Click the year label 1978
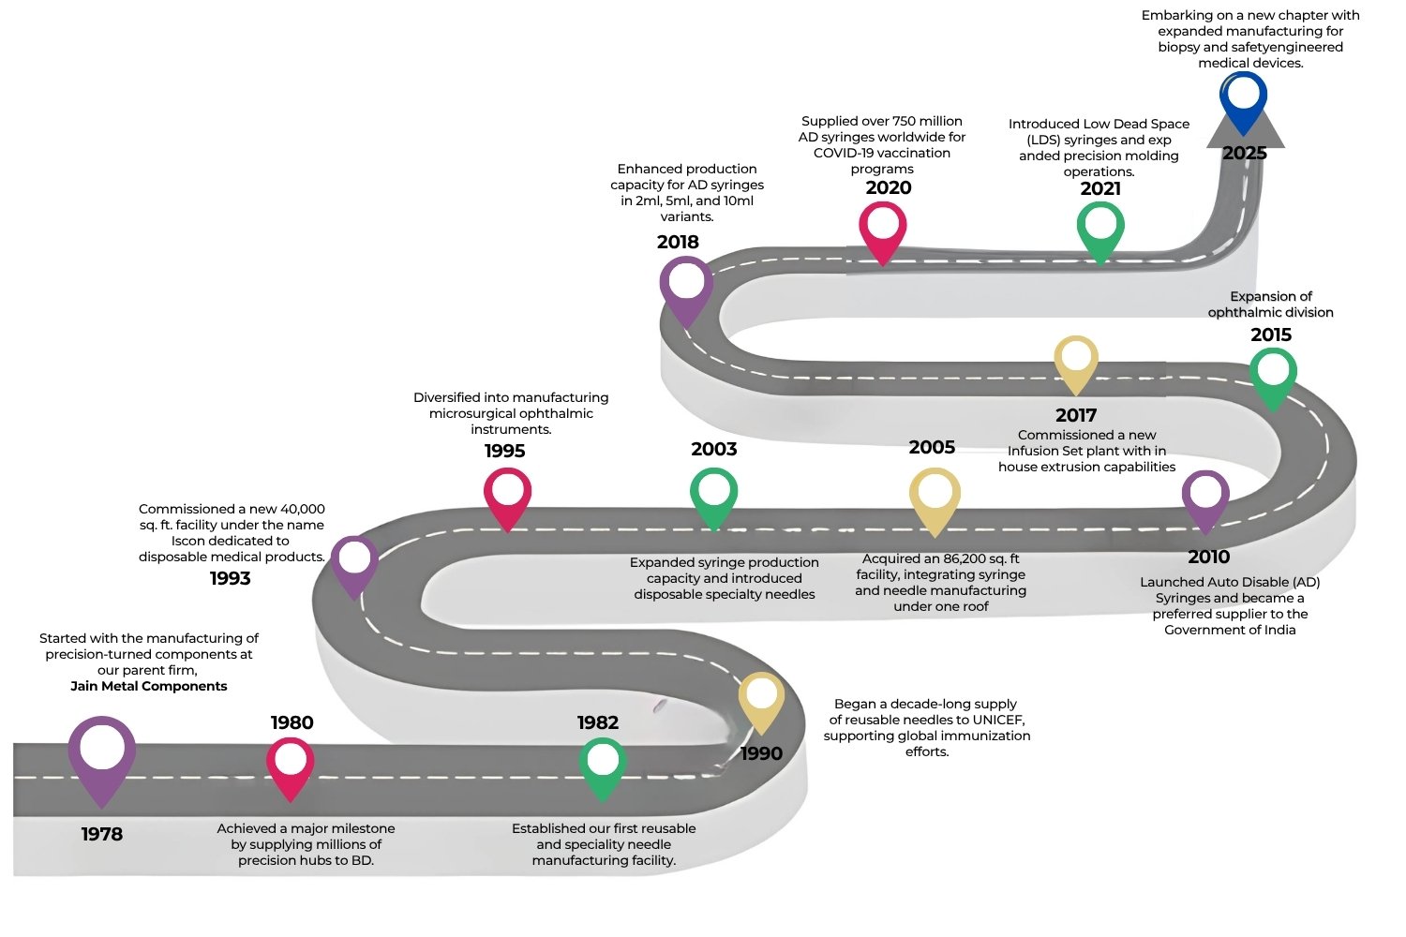point(101,834)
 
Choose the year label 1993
point(231,578)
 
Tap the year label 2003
point(713,450)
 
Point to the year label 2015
point(1271,335)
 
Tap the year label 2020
point(889,187)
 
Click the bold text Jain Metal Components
point(149,686)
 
